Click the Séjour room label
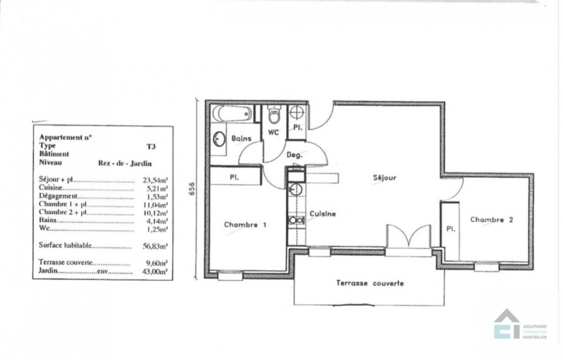pos(385,177)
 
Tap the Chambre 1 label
pos(245,225)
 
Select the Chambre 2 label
pos(493,220)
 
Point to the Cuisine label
pos(323,214)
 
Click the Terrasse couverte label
pos(370,283)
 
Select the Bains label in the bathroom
pos(241,138)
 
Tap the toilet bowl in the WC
pos(274,116)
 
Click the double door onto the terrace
pos(407,238)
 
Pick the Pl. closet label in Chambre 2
pos(450,228)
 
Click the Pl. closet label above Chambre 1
pos(232,177)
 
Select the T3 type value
pos(151,147)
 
